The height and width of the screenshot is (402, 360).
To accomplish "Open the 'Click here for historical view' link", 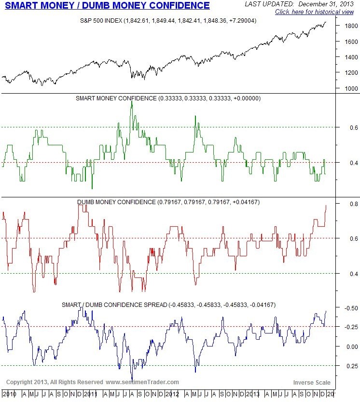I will [x=315, y=12].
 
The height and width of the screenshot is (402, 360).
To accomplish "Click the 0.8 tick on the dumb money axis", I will [x=347, y=204].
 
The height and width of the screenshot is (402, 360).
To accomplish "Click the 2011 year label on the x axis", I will [x=91, y=394].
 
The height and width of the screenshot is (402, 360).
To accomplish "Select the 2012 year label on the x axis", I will [x=172, y=394].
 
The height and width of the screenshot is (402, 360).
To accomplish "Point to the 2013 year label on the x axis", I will [x=252, y=394].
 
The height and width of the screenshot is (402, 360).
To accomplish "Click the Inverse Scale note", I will [x=311, y=382].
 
